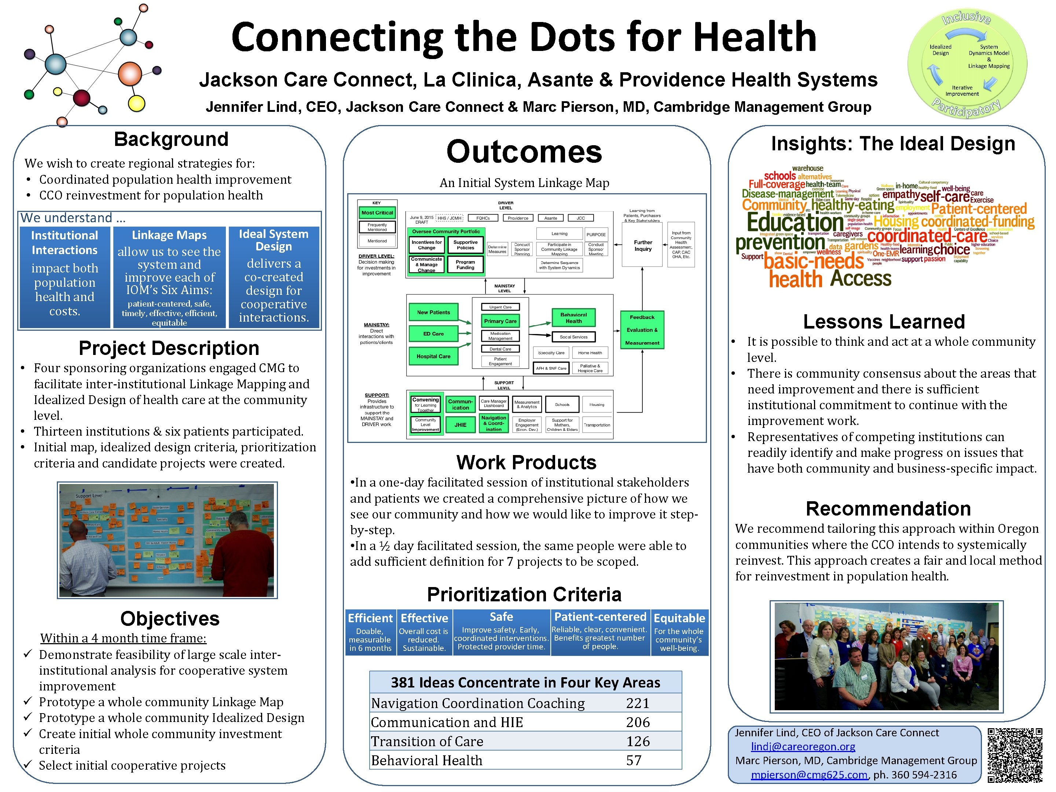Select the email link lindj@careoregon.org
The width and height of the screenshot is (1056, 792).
[803, 746]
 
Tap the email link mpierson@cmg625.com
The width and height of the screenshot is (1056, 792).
[809, 774]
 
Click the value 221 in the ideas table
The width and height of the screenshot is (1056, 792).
[637, 703]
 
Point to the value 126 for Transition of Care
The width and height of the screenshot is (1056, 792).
[638, 741]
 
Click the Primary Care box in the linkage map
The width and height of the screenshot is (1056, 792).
[500, 321]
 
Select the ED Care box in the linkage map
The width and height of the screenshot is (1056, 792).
[433, 334]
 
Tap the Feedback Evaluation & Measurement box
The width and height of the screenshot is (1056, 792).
[642, 330]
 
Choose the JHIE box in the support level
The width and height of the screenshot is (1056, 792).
[460, 424]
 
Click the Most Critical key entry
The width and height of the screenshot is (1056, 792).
[377, 212]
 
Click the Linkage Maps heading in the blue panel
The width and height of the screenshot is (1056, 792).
[169, 235]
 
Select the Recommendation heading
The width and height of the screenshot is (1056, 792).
[888, 509]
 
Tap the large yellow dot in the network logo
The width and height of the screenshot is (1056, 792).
[136, 104]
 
